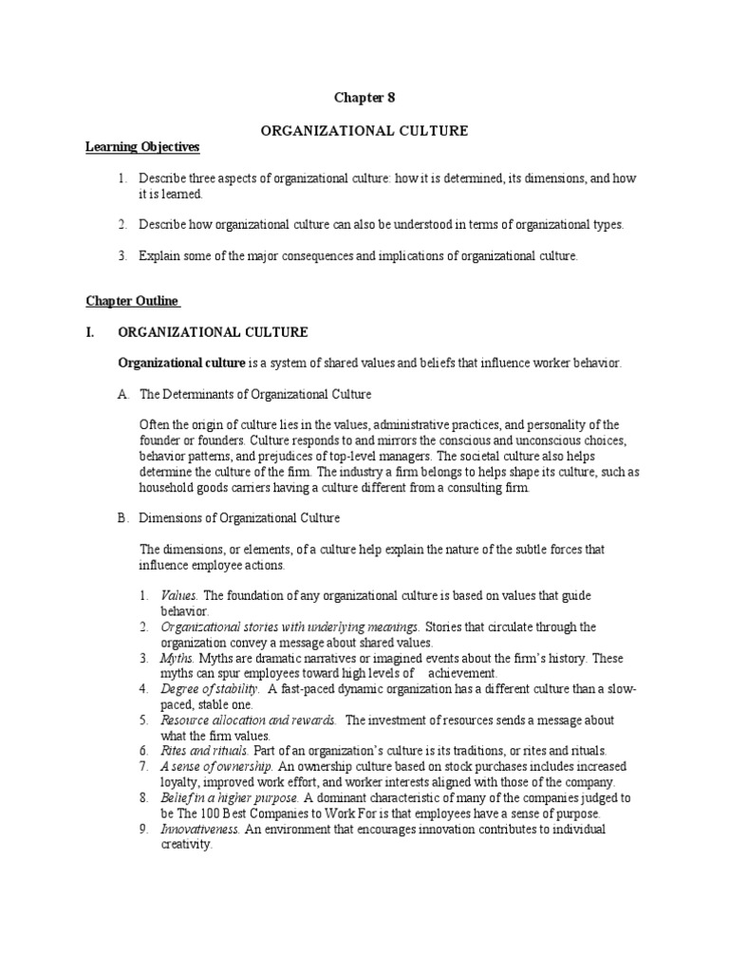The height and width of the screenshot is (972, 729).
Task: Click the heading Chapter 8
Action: [364, 97]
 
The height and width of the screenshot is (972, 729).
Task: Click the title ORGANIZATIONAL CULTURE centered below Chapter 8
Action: [364, 131]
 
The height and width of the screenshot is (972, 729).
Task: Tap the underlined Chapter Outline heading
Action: [133, 301]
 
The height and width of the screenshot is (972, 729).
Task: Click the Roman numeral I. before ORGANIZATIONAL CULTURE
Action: [92, 333]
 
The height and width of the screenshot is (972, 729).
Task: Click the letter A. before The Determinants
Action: [123, 393]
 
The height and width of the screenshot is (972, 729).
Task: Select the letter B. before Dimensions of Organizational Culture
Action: [123, 518]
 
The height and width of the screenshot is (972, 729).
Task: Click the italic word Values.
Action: [180, 595]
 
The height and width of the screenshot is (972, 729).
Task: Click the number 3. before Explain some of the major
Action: [123, 255]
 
